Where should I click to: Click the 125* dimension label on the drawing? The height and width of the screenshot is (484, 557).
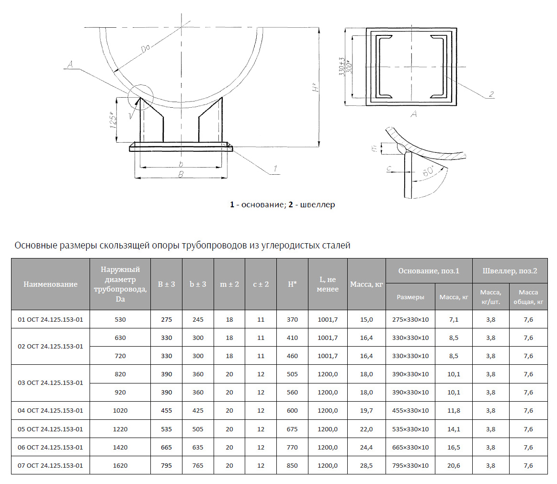pyautogui.click(x=113, y=120)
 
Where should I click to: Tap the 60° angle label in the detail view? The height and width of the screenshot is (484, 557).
pyautogui.click(x=429, y=171)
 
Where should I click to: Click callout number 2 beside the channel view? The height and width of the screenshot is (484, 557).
pyautogui.click(x=491, y=94)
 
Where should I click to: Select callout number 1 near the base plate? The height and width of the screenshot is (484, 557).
pyautogui.click(x=275, y=169)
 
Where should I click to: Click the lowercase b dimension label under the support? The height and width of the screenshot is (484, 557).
pyautogui.click(x=181, y=164)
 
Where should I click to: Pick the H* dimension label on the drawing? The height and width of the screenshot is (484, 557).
pyautogui.click(x=315, y=87)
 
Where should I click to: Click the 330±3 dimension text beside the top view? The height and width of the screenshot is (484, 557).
pyautogui.click(x=342, y=67)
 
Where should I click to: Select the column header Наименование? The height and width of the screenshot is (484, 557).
pyautogui.click(x=50, y=284)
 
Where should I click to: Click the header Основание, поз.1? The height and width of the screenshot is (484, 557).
pyautogui.click(x=429, y=271)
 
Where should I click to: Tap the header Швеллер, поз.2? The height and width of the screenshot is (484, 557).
pyautogui.click(x=510, y=271)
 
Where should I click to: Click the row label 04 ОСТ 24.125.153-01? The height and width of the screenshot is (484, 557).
pyautogui.click(x=50, y=410)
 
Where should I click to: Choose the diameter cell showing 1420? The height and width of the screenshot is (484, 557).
pyautogui.click(x=120, y=448)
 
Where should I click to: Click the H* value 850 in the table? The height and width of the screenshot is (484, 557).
pyautogui.click(x=292, y=465)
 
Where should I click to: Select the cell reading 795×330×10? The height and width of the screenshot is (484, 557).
pyautogui.click(x=410, y=465)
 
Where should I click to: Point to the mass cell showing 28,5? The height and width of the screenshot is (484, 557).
pyautogui.click(x=366, y=465)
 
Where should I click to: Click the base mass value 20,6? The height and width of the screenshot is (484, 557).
pyautogui.click(x=454, y=465)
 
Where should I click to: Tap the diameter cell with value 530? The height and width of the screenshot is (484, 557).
pyautogui.click(x=120, y=320)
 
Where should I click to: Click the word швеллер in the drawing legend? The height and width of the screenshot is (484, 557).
pyautogui.click(x=318, y=204)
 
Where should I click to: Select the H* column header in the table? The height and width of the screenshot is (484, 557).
pyautogui.click(x=292, y=284)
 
